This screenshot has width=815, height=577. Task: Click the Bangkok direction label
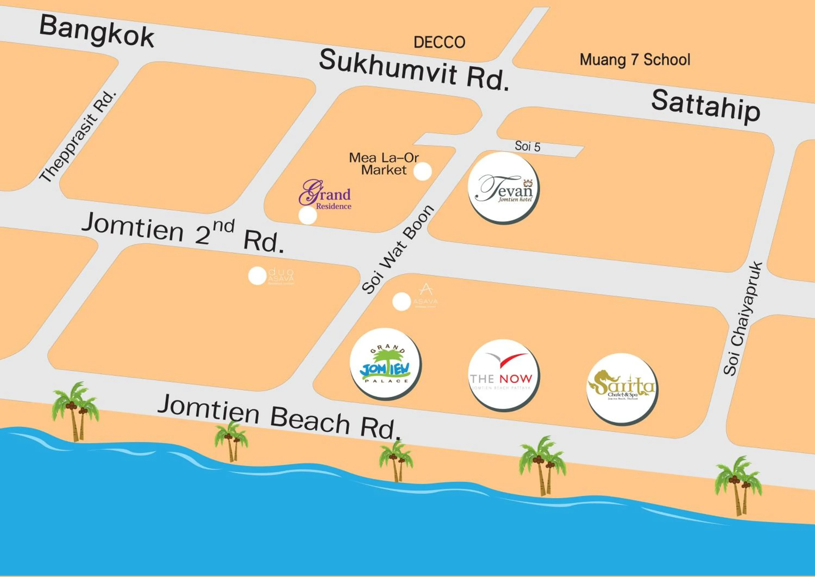(96, 32)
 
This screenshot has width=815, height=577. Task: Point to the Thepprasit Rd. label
(78, 137)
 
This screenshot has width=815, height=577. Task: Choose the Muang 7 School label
(635, 60)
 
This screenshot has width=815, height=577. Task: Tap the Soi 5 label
(528, 146)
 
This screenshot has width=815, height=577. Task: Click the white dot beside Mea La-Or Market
(422, 171)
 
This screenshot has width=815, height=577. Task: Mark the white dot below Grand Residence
(308, 215)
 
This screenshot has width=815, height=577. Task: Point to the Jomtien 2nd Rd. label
(183, 233)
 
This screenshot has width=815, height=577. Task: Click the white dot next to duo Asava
(257, 276)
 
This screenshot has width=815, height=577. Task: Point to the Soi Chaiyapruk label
(743, 319)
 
